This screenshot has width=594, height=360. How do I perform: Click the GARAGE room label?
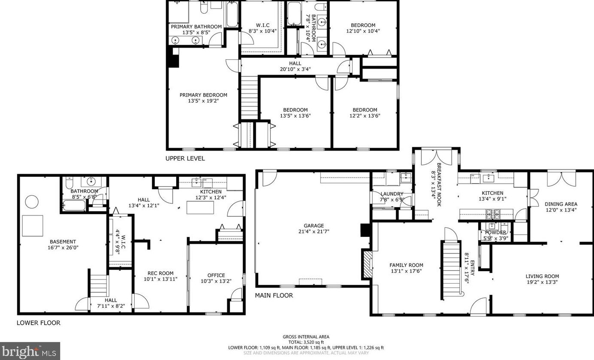(x=314, y=226)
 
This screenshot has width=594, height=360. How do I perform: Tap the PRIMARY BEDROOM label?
(x=203, y=95)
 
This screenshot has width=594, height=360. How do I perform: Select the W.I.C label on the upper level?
(x=262, y=25)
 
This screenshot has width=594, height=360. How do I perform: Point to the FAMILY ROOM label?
(x=406, y=265)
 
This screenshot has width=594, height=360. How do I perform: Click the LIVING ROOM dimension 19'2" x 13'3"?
(x=542, y=282)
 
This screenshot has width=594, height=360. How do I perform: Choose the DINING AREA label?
(x=561, y=204)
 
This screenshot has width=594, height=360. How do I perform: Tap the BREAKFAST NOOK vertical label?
(x=439, y=185)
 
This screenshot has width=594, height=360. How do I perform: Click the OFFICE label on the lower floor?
(x=216, y=275)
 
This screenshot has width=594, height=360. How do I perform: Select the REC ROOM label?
(x=160, y=273)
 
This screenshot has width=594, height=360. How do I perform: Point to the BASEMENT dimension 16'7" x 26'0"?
(x=63, y=248)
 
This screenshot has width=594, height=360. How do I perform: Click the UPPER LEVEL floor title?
(x=185, y=158)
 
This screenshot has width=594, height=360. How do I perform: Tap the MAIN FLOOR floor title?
(x=274, y=295)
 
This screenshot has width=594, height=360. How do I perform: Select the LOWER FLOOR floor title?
(x=39, y=323)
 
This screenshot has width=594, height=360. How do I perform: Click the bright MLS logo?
(x=30, y=351)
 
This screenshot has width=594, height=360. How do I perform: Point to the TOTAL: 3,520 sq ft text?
(x=306, y=342)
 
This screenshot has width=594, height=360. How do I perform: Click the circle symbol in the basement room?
(x=32, y=202)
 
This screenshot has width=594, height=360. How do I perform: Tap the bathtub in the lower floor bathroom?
(x=75, y=206)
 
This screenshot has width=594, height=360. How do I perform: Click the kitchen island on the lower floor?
(x=200, y=207)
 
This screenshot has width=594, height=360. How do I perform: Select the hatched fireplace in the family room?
(x=368, y=264)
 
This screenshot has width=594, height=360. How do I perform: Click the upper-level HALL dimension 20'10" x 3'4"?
(x=295, y=69)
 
